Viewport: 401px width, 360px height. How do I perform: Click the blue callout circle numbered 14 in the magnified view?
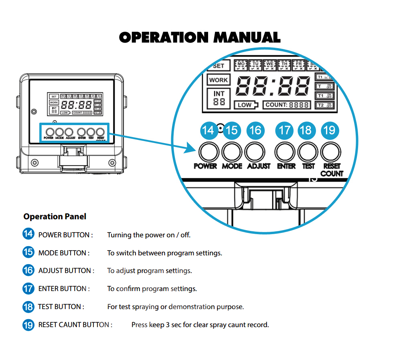point(208,130)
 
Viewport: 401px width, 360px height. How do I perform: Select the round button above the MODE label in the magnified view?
point(232,152)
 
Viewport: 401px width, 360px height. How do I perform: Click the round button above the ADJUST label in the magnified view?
point(255,152)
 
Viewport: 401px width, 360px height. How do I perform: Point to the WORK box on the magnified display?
point(219,80)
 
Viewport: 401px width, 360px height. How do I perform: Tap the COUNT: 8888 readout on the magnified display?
point(287,105)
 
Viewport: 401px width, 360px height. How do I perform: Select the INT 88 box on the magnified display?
point(219,98)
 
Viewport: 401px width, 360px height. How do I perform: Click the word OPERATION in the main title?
point(164,38)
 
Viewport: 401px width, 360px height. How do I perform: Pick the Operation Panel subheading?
point(55,217)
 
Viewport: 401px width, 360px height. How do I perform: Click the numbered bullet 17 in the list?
point(28,289)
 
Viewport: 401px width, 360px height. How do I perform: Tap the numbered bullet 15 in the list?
point(28,253)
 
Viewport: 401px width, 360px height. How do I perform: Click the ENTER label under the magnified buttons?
point(286,166)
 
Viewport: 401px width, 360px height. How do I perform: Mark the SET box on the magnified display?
point(219,66)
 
